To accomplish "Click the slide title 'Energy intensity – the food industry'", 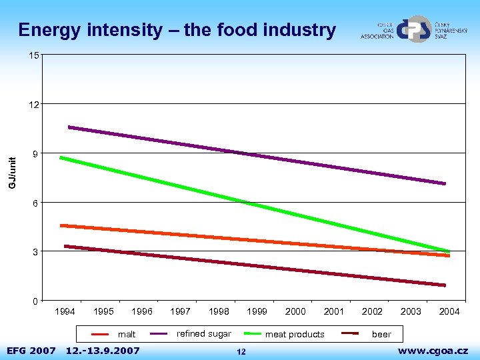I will (177, 30).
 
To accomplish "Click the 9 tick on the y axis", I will (35, 154).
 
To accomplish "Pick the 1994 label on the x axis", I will (65, 311).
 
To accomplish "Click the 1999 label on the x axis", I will (257, 311).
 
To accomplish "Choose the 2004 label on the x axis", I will (449, 311).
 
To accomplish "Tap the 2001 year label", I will (334, 311).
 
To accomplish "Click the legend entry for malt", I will (126, 334).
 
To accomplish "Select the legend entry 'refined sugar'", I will (203, 333).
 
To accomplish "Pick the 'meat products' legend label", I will (295, 334).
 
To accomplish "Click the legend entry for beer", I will (381, 334).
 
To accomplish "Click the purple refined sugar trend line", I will (257, 155).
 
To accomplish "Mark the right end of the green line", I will (448, 251).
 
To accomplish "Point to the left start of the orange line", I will (62, 225).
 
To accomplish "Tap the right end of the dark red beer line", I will (444, 285).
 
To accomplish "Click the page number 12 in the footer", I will (241, 351).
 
